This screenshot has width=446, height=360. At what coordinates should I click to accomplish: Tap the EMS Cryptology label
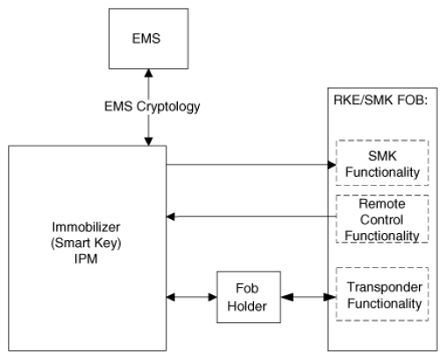pos(152,107)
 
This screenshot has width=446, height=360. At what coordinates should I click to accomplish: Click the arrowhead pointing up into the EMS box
pos(149,73)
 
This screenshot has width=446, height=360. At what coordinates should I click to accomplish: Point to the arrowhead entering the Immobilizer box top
pos(149,142)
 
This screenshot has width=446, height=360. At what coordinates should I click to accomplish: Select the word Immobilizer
pos(86,227)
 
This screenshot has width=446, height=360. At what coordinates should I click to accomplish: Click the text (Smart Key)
pos(86,243)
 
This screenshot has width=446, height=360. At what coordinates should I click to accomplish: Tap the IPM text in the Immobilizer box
pos(86,259)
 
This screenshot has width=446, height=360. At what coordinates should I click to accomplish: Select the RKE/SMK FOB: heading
pos(380,100)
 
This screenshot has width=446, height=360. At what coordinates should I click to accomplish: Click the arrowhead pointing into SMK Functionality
pos(332,165)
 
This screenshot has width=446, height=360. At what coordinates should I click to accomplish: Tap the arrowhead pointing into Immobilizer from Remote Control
pos(171,216)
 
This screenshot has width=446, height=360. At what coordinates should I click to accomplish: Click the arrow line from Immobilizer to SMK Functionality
pos(251,165)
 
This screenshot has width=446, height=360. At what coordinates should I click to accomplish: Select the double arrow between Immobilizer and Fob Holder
pos(192,297)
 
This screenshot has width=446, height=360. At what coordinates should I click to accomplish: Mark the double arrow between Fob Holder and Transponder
pos(308,297)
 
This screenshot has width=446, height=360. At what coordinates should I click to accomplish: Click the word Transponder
pos(385,287)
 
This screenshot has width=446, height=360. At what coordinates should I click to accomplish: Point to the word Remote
pos(382,204)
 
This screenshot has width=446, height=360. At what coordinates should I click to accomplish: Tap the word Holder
pos(247,307)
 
